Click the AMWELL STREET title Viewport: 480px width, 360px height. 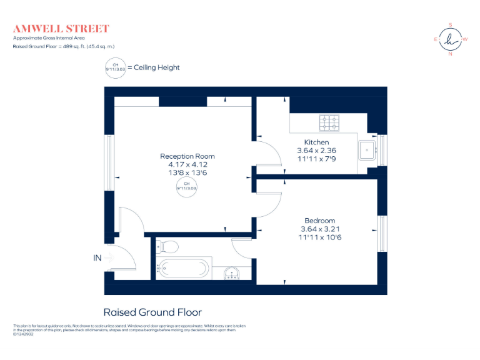coord(61,29)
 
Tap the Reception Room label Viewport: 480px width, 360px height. coord(187,156)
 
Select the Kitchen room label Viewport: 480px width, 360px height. coord(316,142)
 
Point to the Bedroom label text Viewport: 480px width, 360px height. coord(320,221)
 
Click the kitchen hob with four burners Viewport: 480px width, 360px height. coord(329,123)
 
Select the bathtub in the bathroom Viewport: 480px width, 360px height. coord(182,269)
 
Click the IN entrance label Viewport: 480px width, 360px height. coord(97,256)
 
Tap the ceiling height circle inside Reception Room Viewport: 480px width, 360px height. coord(187,186)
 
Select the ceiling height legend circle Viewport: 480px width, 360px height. coord(115,67)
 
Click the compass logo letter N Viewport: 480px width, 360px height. coord(450,54)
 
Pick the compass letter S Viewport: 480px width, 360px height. coord(450,25)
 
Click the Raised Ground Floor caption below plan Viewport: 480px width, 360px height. coord(152,312)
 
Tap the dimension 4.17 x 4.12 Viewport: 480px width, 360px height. coord(187,164)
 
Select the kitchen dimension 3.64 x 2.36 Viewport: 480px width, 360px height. coord(316,151)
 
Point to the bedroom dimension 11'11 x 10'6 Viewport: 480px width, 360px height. coord(321,237)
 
